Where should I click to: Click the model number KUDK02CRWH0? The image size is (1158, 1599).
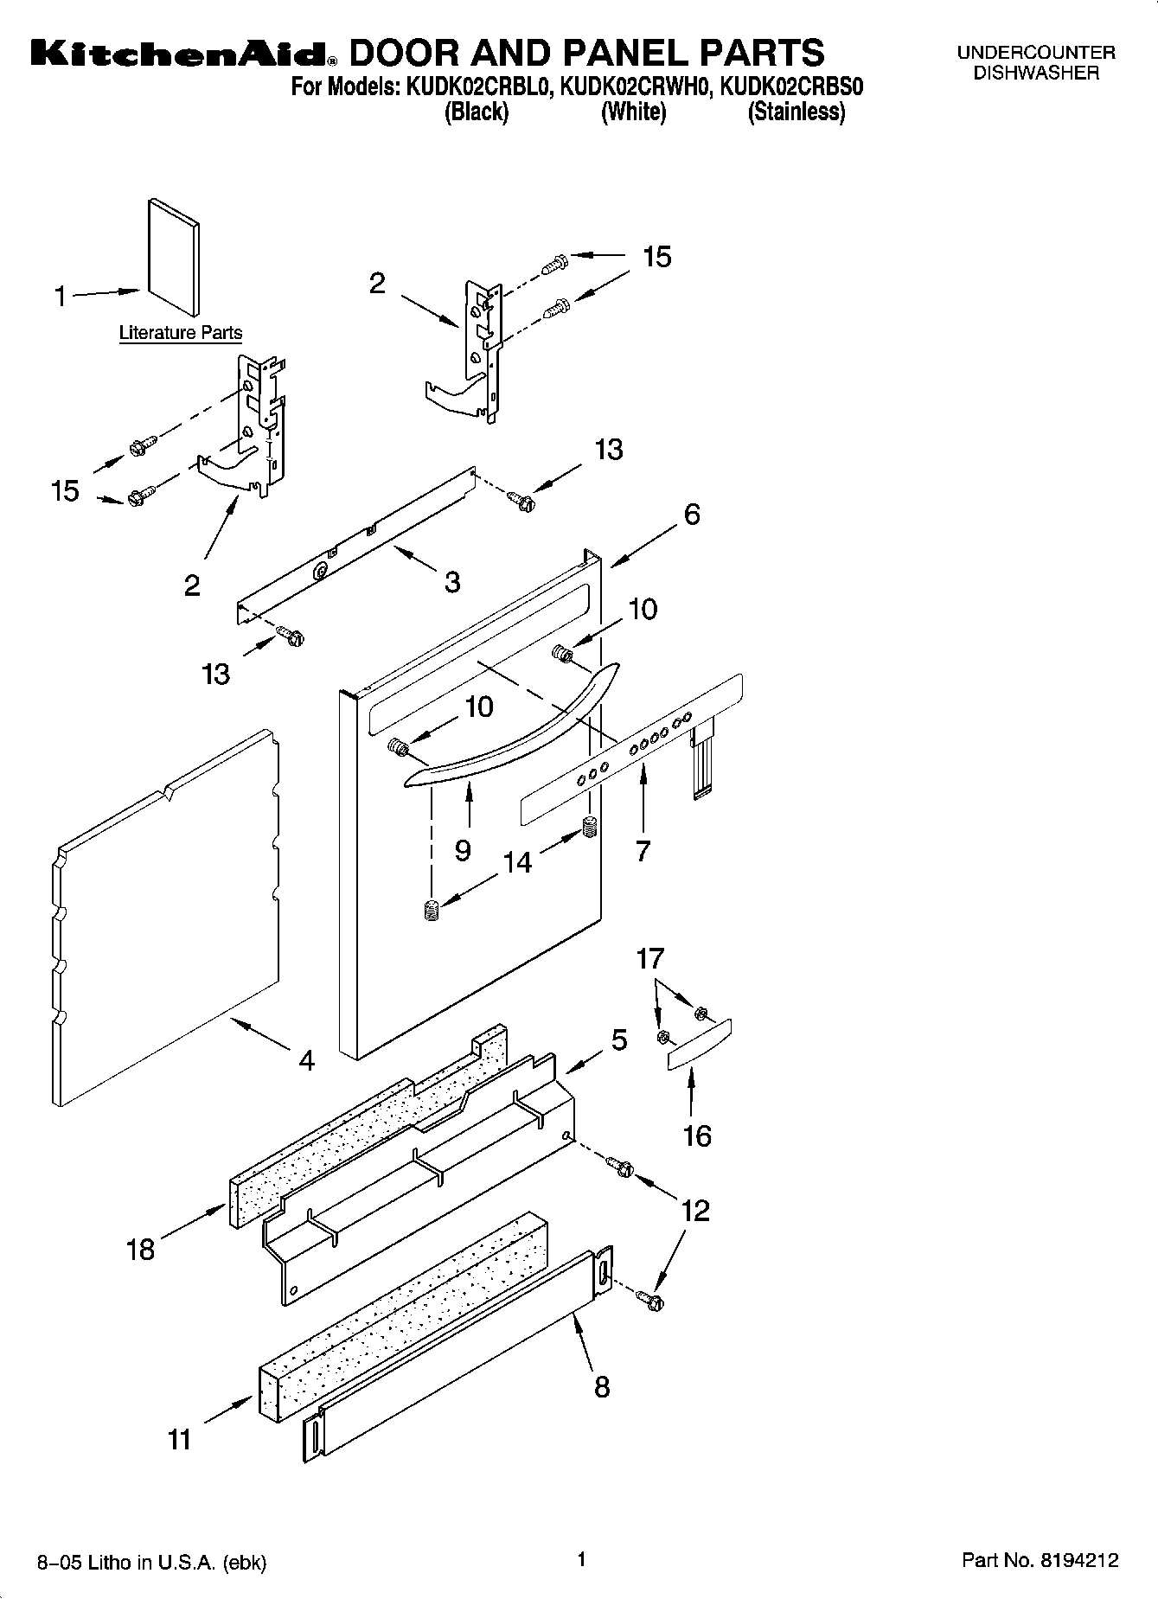(634, 87)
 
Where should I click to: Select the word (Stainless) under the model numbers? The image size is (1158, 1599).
(796, 112)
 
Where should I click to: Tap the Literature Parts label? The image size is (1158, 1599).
(180, 332)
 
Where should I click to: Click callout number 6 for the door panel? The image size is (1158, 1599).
(691, 515)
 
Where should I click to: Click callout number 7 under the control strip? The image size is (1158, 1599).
(642, 851)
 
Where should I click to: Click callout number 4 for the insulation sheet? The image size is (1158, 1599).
(305, 1059)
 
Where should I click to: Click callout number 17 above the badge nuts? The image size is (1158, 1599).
(650, 958)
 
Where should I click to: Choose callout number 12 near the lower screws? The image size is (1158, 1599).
(695, 1210)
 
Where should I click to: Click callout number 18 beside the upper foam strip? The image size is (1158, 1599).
(140, 1249)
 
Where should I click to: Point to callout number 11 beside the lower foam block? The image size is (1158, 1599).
(179, 1439)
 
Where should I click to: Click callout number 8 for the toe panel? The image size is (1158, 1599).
(602, 1386)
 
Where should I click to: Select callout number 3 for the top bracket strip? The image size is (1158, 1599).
(452, 581)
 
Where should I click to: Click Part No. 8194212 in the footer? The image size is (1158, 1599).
(1040, 1560)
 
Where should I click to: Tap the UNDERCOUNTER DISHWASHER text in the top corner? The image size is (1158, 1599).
(1035, 62)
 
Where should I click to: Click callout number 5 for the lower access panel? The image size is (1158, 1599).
(619, 1039)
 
